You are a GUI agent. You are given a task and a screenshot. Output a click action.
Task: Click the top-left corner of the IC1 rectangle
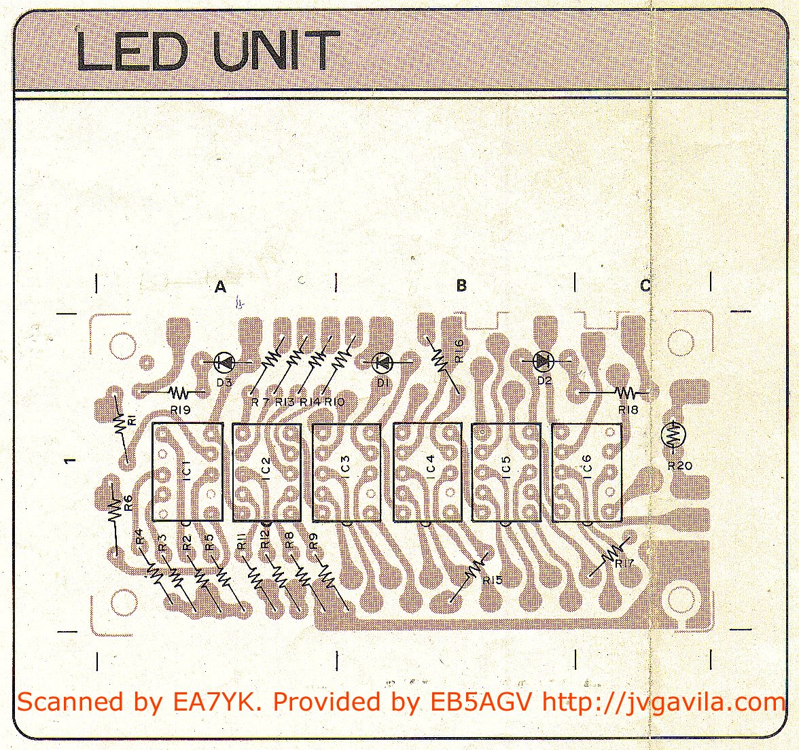tap(153, 423)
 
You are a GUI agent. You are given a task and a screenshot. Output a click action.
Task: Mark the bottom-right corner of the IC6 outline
tap(622, 521)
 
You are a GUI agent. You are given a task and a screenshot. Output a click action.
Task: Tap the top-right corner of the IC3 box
tap(380, 425)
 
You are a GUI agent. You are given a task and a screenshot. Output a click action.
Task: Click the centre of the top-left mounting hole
tap(122, 343)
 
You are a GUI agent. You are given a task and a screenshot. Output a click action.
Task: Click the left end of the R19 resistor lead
tap(141, 392)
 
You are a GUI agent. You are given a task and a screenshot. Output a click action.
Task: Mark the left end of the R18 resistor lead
tap(582, 393)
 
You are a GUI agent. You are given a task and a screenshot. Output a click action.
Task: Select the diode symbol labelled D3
tap(224, 363)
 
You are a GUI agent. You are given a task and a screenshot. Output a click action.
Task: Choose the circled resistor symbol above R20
tap(674, 435)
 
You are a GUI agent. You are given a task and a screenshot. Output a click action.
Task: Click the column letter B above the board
tap(461, 285)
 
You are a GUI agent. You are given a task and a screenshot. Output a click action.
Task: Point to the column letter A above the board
tap(220, 287)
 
